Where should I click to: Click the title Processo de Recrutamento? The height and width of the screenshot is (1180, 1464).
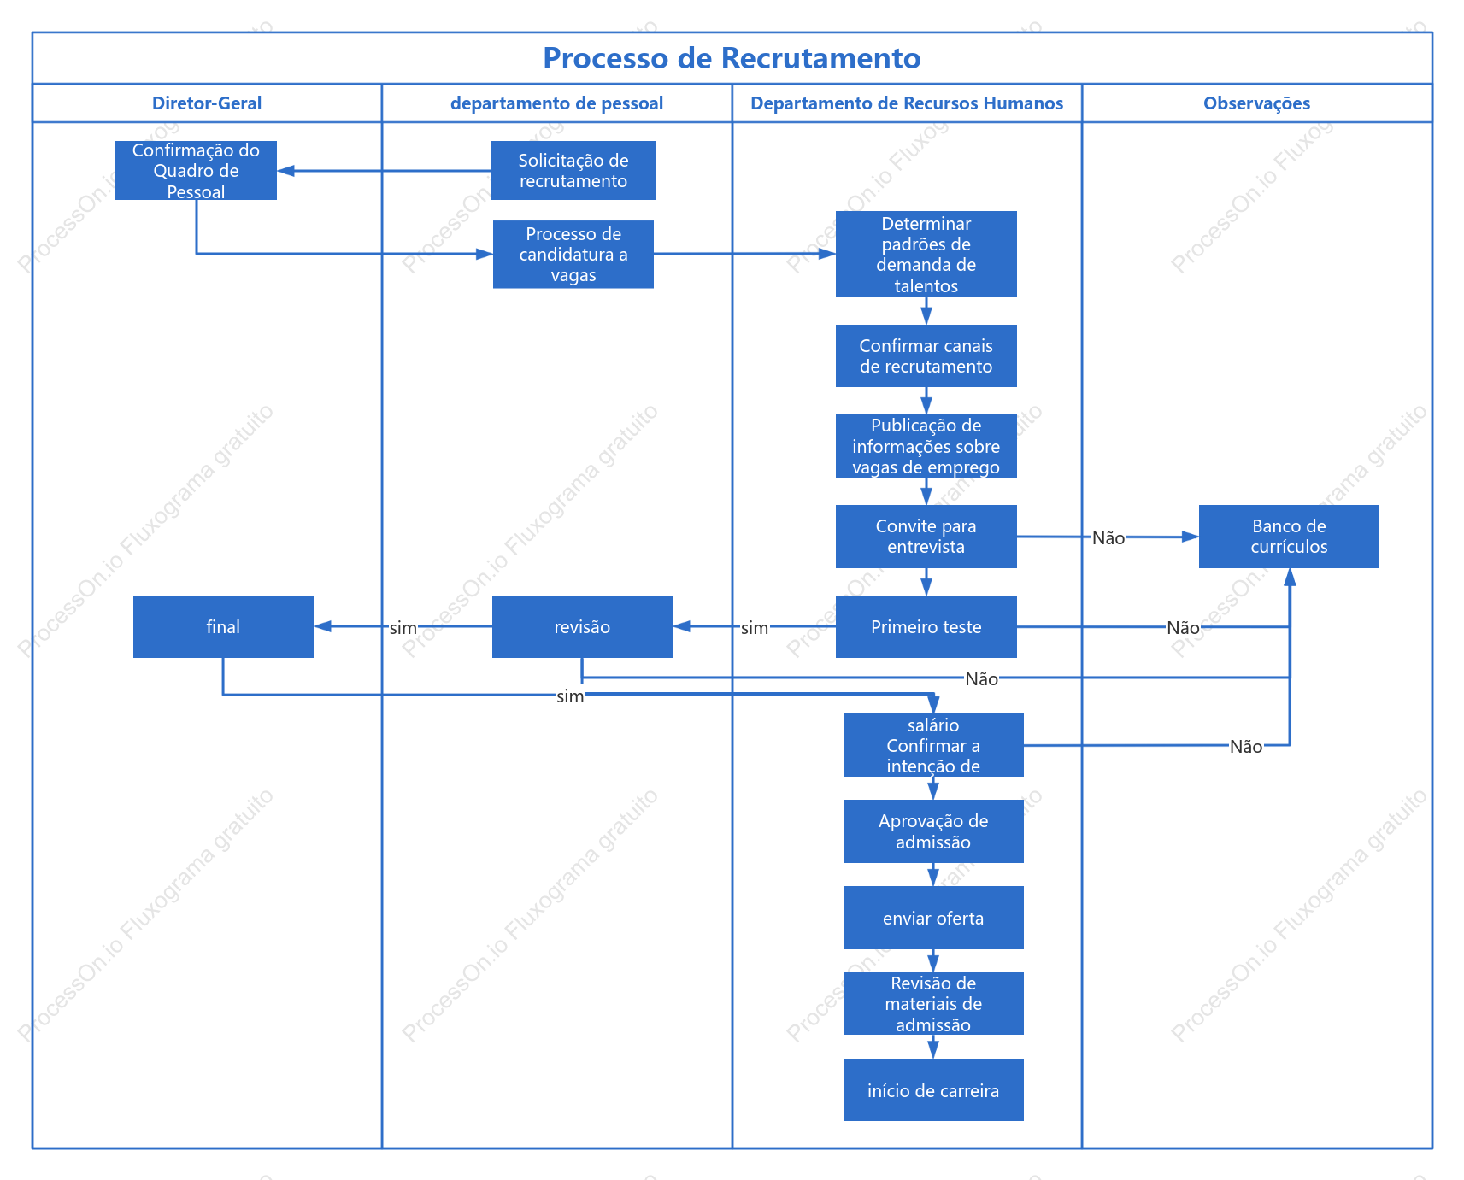pos(732,58)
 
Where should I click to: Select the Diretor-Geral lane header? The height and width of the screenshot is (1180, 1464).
pos(207,103)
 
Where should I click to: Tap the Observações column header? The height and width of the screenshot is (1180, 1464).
pos(1256,103)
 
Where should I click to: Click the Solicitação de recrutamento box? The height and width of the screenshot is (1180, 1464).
pos(573,171)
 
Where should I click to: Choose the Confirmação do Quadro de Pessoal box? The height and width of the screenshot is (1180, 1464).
pos(196,171)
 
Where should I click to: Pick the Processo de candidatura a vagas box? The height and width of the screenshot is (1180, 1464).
pos(573,255)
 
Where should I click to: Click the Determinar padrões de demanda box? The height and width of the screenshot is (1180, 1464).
pos(926,255)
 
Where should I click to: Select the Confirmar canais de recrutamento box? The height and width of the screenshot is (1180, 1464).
pos(926,356)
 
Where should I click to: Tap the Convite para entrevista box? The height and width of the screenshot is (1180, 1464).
pos(926,537)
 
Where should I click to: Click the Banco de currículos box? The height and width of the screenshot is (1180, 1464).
pos(1289,537)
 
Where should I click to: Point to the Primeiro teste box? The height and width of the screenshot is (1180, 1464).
pos(926,627)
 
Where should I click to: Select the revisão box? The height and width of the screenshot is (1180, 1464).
pos(582,627)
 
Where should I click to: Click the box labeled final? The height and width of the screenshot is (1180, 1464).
pos(223,627)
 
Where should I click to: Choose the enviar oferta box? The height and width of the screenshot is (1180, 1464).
pos(933,918)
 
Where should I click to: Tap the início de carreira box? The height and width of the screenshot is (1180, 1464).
pos(933,1090)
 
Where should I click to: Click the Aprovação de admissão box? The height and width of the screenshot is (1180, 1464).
pos(933,831)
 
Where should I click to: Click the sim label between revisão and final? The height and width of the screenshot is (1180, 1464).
pos(403,628)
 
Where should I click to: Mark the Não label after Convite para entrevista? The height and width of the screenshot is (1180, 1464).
pos(1108,537)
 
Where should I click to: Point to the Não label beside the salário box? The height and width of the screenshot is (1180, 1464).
pos(1246,746)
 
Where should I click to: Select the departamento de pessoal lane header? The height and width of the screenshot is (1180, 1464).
pos(556,103)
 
